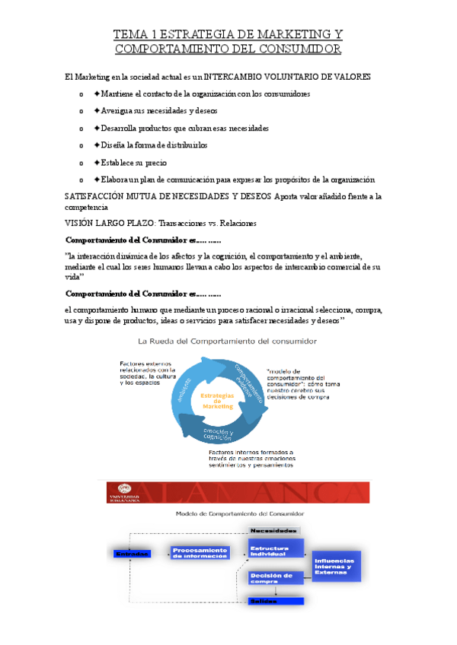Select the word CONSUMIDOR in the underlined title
pyautogui.click(x=298, y=49)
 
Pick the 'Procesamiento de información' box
pyautogui.click(x=200, y=553)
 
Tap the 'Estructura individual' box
pyautogui.click(x=275, y=549)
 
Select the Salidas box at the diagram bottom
pyautogui.click(x=275, y=602)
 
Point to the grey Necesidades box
pyautogui.click(x=275, y=531)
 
